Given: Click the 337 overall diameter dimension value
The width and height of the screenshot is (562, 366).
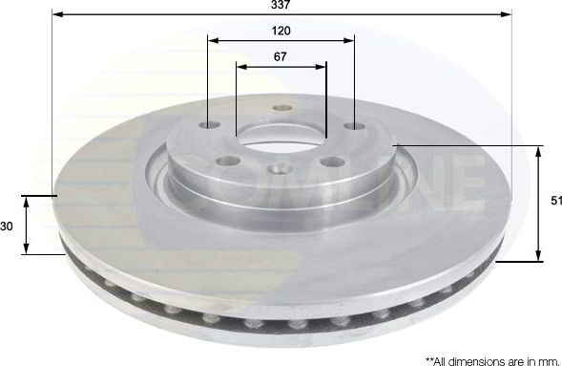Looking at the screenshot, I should coord(281,5).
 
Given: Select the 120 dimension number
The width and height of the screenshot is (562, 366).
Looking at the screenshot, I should coord(281,31).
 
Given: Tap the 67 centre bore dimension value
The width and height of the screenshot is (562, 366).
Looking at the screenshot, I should coord(281,57).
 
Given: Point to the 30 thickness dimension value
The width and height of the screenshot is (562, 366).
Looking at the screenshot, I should coord(7,226).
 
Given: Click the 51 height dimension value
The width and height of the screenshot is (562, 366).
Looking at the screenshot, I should coord(555,201).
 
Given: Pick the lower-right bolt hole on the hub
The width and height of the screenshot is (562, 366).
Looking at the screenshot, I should coord(331,161).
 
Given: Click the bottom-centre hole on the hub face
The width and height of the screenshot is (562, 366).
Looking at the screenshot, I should coord(280,168).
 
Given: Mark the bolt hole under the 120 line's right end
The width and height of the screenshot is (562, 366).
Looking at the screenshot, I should coord(354,126).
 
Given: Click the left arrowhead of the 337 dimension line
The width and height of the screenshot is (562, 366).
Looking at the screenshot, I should coord(56,15).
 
